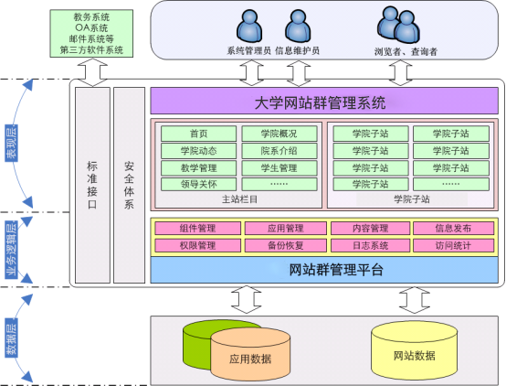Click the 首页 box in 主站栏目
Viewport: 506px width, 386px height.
pos(198,134)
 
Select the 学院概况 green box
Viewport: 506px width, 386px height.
pos(279,134)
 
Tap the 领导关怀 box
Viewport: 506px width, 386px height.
pos(198,184)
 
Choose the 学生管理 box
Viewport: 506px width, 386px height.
pos(279,168)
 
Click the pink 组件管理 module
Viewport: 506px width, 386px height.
pos(198,229)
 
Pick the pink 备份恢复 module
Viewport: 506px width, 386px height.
pos(286,245)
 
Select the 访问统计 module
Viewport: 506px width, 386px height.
pos(453,245)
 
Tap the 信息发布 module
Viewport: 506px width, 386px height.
pos(453,229)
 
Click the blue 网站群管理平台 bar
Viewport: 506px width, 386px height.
pos(324,270)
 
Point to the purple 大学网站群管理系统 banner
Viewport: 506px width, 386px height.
pos(324,101)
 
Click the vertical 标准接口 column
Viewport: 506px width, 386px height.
pos(92,185)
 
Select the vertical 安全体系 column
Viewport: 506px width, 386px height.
pos(129,185)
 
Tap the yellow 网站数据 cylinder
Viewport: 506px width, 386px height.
pos(415,350)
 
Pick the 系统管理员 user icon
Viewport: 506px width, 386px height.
pos(249,26)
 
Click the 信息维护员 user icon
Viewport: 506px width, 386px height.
pos(298,26)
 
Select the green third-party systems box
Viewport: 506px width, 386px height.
pos(91,33)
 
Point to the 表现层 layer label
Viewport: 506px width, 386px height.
pos(11,143)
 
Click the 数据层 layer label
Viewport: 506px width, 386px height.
pos(11,338)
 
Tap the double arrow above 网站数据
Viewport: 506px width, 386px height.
pos(415,300)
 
